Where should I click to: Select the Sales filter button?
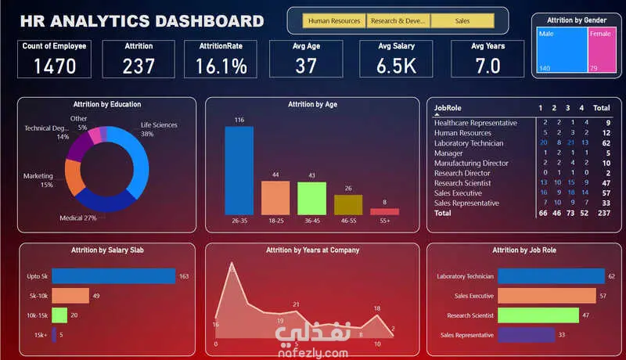click(x=462, y=21)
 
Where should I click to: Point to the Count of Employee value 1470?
click(x=55, y=66)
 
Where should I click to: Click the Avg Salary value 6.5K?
click(x=396, y=66)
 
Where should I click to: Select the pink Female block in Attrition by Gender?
click(x=600, y=50)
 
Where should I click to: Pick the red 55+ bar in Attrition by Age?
click(x=384, y=211)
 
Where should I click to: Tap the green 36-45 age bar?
click(x=311, y=198)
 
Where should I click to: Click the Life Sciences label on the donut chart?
click(x=159, y=125)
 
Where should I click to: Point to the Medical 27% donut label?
click(x=78, y=218)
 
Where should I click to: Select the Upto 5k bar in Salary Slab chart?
click(x=113, y=276)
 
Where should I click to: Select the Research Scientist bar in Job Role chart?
click(x=538, y=315)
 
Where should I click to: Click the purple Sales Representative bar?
click(x=526, y=335)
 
